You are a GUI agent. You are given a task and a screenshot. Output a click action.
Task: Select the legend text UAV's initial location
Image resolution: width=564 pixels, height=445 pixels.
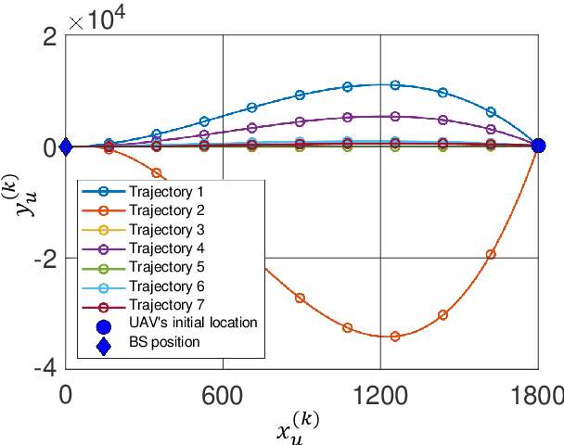[192, 323]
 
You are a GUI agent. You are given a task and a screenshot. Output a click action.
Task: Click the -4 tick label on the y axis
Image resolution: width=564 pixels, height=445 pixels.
[44, 368]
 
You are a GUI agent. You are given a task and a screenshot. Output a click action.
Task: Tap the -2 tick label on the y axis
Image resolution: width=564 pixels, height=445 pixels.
[44, 258]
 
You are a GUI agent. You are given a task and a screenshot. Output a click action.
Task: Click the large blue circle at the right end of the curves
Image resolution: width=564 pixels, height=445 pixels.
[538, 146]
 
